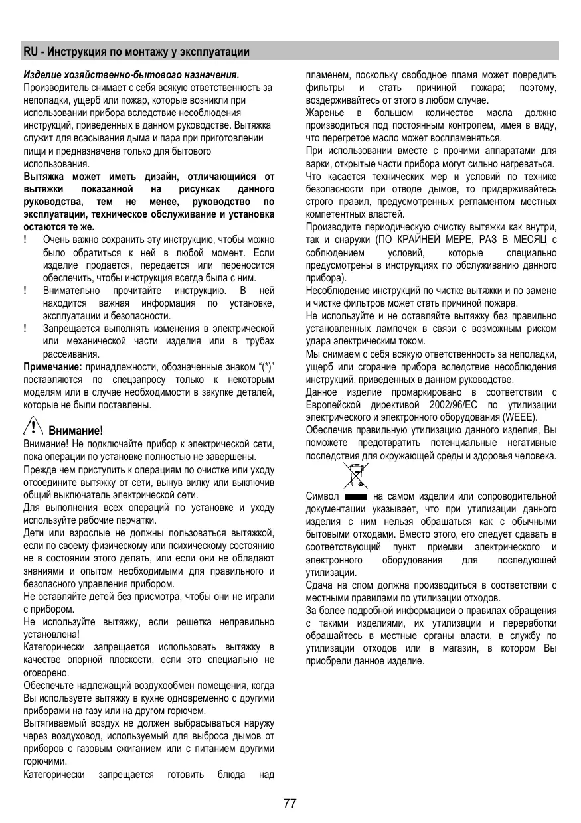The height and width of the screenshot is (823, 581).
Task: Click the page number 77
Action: (x=290, y=804)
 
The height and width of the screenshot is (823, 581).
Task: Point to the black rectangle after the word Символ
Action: (x=357, y=496)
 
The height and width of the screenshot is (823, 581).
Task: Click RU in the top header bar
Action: (x=30, y=52)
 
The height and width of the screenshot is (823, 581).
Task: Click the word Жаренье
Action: (x=325, y=113)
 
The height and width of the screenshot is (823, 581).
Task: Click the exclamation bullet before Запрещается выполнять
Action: (x=25, y=329)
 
